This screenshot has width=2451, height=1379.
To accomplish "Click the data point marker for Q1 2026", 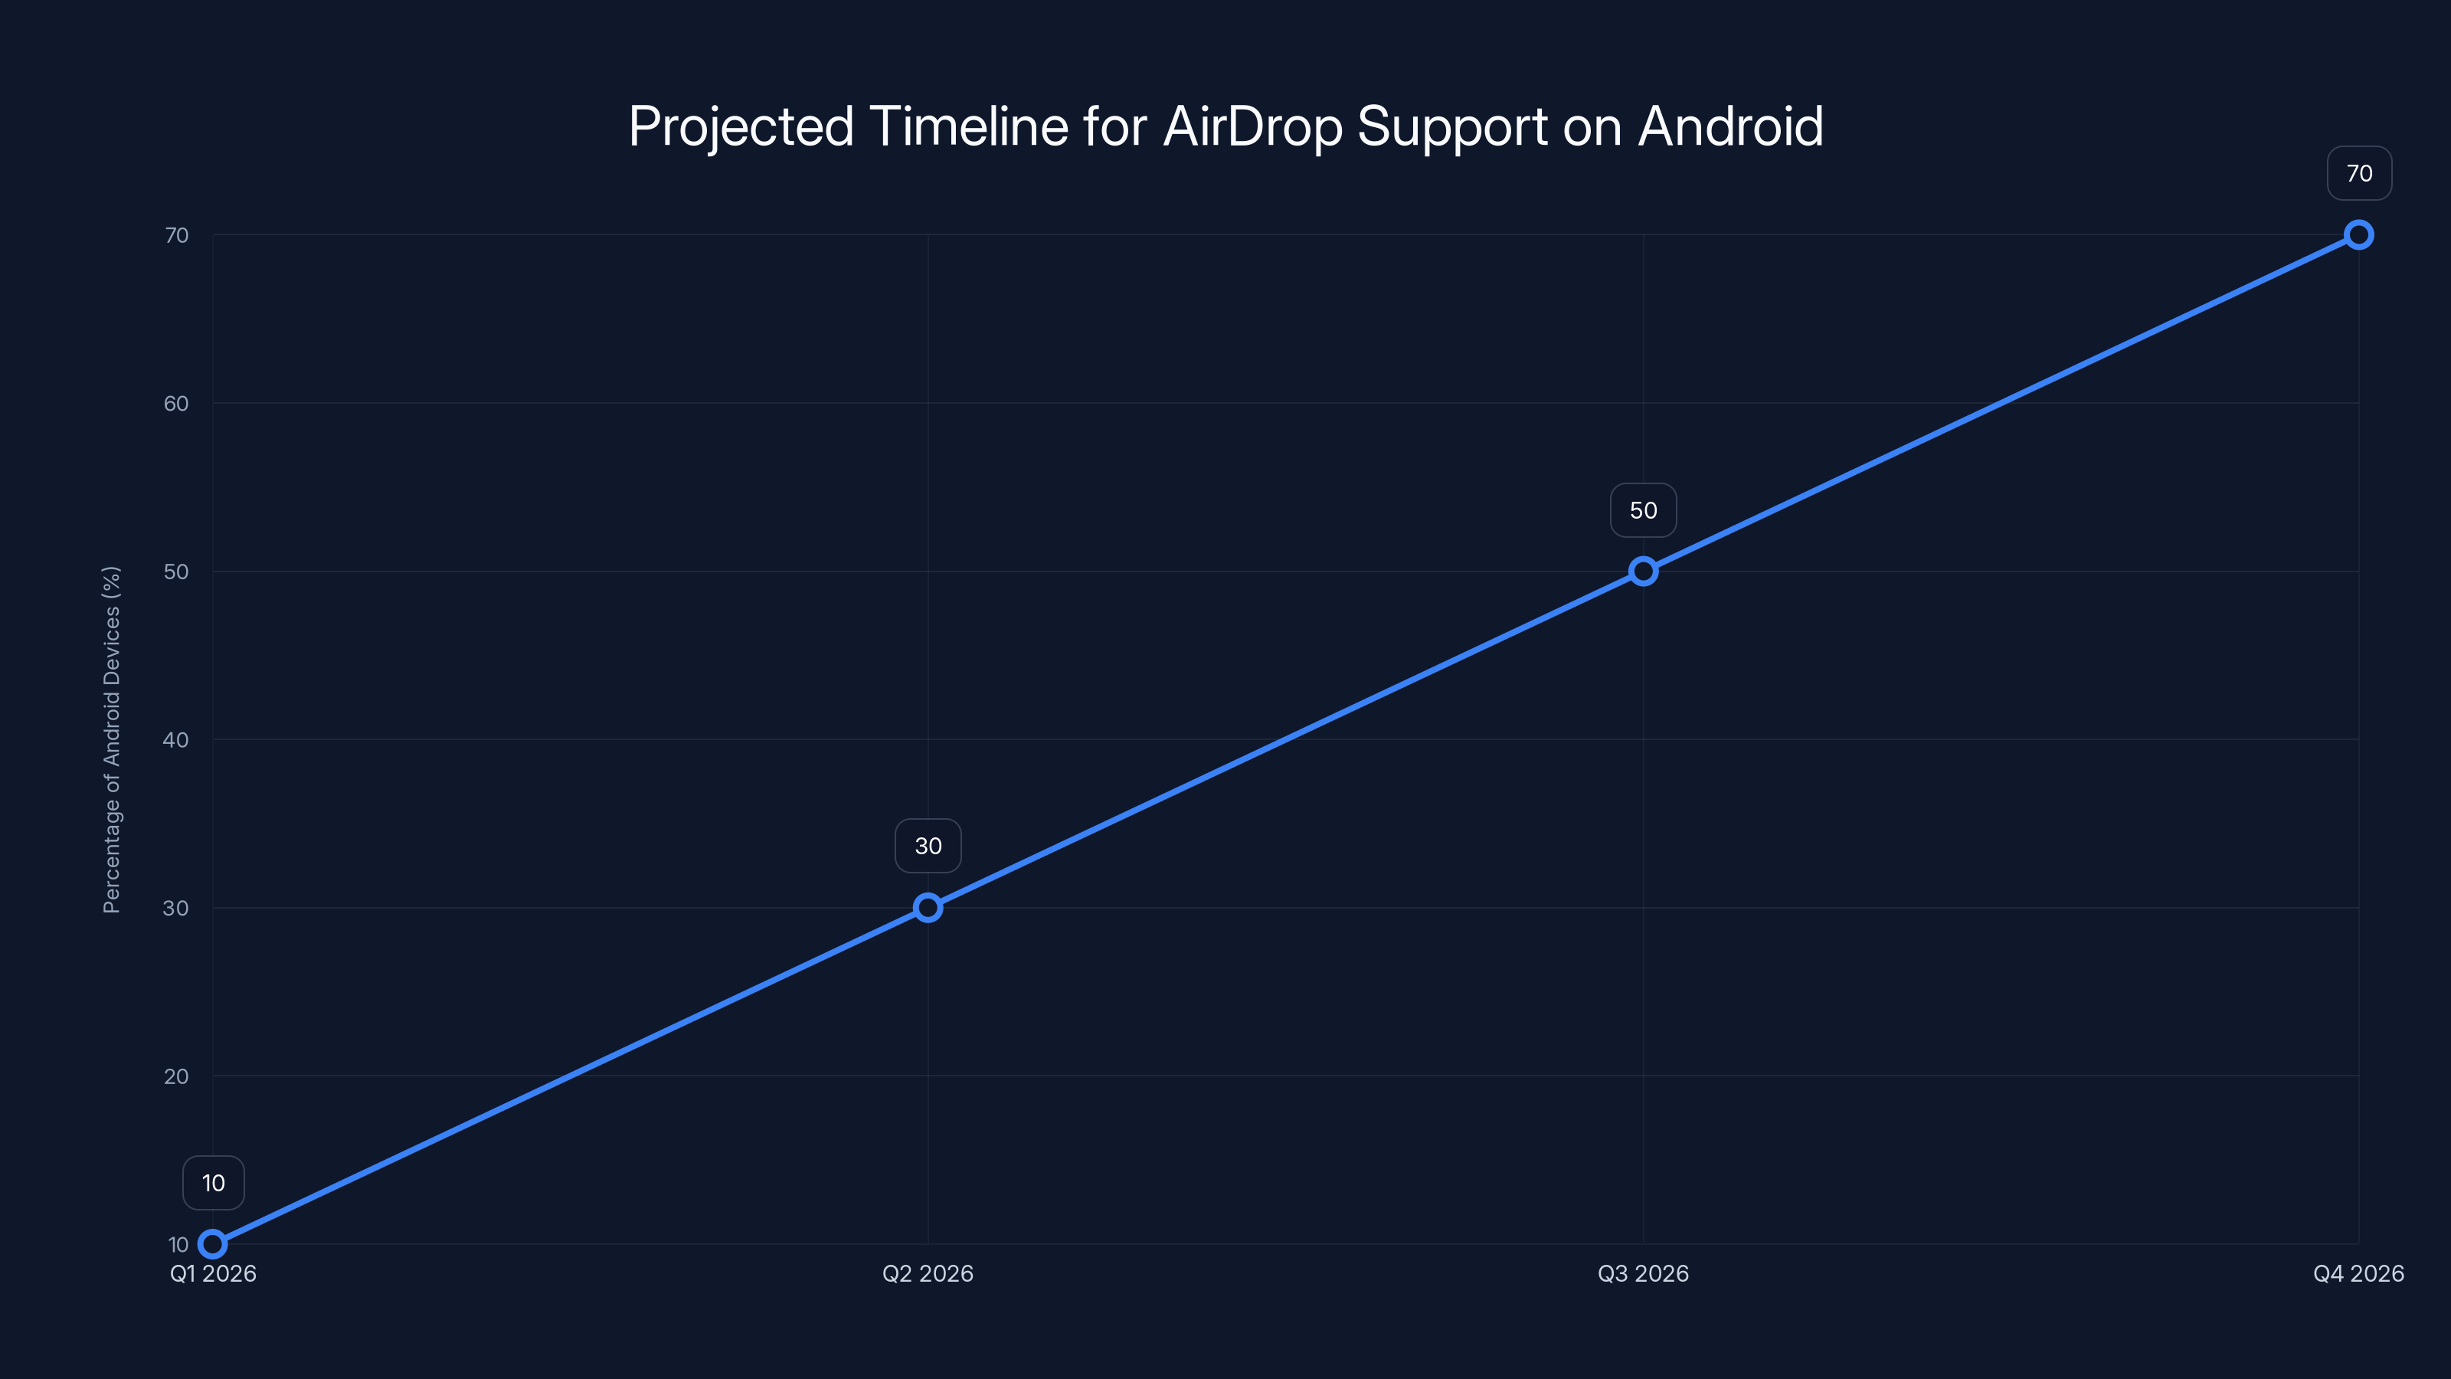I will click(x=213, y=1244).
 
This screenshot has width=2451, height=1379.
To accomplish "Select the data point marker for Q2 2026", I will click(x=928, y=908).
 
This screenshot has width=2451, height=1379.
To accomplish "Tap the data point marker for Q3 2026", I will click(x=1643, y=571).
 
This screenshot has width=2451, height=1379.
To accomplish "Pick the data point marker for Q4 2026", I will click(x=2359, y=235).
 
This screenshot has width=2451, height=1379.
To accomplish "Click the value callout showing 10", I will click(x=213, y=1183).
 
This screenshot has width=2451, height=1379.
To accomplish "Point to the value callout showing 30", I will click(x=928, y=846).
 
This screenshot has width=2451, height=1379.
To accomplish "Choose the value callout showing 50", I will click(x=1643, y=510).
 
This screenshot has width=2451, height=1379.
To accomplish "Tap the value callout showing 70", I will click(x=2359, y=173).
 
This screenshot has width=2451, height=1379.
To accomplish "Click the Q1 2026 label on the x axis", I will click(x=213, y=1273).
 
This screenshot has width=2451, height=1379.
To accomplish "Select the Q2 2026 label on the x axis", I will click(x=928, y=1273).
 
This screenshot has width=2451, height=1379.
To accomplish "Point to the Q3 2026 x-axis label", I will click(x=1643, y=1273).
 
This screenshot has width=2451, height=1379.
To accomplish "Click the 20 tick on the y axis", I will click(x=176, y=1076).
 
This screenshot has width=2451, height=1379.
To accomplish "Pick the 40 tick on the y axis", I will click(x=176, y=739).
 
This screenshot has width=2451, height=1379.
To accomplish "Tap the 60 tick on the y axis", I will click(x=176, y=404).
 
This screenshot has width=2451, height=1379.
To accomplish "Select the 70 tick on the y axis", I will click(x=176, y=235).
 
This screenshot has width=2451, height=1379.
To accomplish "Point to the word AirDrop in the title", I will click(x=1252, y=126).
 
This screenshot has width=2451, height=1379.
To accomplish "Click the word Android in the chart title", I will click(x=1729, y=126).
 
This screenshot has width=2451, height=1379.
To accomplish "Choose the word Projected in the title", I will click(x=741, y=126).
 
